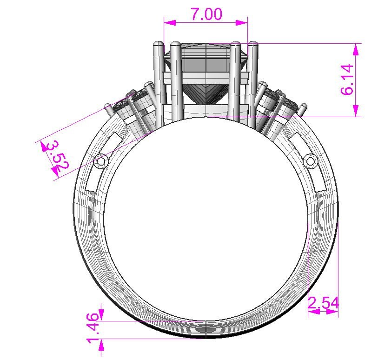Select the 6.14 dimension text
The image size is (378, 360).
tap(347, 80)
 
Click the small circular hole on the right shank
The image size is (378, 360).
tap(310, 161)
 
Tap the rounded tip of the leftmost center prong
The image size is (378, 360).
tap(158, 45)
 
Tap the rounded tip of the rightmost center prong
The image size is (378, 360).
tap(254, 45)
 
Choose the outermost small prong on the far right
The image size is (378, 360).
tap(303, 108)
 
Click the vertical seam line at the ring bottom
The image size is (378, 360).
tap(206, 329)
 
